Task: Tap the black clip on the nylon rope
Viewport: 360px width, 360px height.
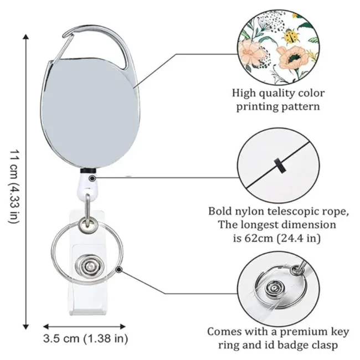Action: (x=277, y=164)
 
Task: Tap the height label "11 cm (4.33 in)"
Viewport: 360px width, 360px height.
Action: (x=14, y=186)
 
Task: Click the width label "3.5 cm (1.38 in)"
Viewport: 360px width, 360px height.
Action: (x=86, y=338)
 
